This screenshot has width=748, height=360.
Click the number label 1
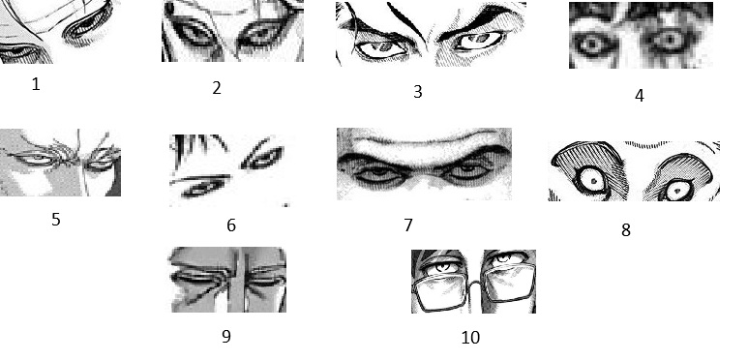pyautogui.click(x=36, y=84)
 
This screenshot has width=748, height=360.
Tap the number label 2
pyautogui.click(x=217, y=88)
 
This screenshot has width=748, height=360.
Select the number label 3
pyautogui.click(x=418, y=92)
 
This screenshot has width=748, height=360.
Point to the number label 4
pyautogui.click(x=640, y=96)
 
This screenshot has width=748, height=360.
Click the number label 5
pyautogui.click(x=56, y=220)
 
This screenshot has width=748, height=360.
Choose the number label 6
pyautogui.click(x=231, y=225)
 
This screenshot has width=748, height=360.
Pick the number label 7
pyautogui.click(x=408, y=225)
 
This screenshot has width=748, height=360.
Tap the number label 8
pyautogui.click(x=626, y=230)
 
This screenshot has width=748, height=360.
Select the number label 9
pyautogui.click(x=226, y=336)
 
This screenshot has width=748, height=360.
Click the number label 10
pyautogui.click(x=470, y=338)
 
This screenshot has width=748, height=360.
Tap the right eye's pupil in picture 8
pyautogui.click(x=678, y=192)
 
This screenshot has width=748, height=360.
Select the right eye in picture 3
pyautogui.click(x=479, y=40)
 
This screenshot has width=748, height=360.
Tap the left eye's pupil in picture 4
pyautogui.click(x=592, y=45)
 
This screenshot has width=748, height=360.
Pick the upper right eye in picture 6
pyautogui.click(x=263, y=158)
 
